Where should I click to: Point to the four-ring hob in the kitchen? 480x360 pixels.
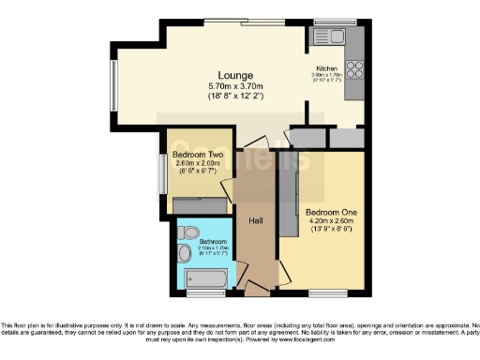[x=355, y=69]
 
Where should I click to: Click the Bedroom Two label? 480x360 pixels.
[x=195, y=154]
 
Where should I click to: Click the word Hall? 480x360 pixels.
[x=254, y=220]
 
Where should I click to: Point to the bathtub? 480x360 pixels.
[x=205, y=278]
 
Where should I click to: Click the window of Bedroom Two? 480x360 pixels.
[x=163, y=173]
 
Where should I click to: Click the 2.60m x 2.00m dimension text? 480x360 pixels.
[x=195, y=163]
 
